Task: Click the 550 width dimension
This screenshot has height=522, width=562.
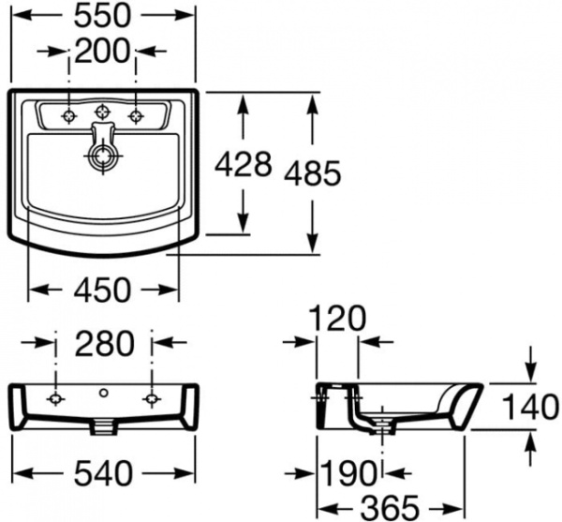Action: pos(102,16)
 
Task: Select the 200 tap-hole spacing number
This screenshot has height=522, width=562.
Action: pos(102,51)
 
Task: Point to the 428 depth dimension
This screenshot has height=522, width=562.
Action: pos(243,165)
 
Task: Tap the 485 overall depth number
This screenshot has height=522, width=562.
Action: pos(312,173)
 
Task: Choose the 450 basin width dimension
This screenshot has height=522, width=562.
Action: pos(102,290)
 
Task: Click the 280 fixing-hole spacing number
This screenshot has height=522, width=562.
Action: pos(105,343)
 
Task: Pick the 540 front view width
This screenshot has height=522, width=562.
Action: pos(103,472)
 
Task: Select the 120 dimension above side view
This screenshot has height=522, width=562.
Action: pos(337,319)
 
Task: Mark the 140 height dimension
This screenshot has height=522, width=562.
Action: pos(530,407)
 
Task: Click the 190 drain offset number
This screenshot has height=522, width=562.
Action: pos(348,473)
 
